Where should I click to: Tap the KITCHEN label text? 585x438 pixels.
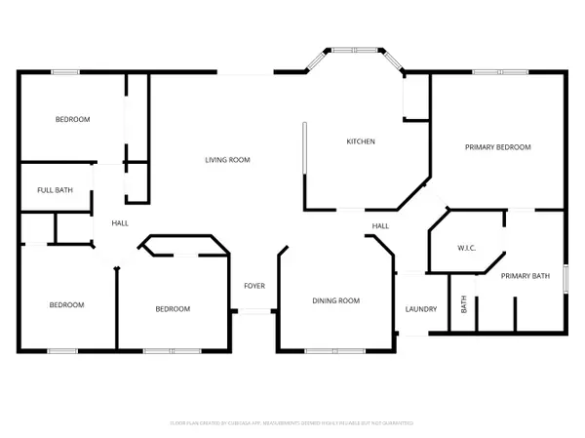tap(361, 141)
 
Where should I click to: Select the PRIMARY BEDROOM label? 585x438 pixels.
tap(497, 147)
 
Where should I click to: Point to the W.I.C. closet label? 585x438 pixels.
tap(465, 247)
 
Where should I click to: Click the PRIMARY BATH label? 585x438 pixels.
tap(526, 276)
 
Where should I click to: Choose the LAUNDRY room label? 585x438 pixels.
tap(421, 309)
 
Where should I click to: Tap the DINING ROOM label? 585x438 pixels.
tap(335, 300)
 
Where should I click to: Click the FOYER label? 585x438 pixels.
tap(254, 285)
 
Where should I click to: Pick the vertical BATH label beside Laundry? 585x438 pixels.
tap(464, 304)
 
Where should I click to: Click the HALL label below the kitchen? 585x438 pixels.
tap(379, 226)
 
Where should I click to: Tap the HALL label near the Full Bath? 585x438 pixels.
tap(120, 223)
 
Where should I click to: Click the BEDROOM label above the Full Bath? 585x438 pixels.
tap(72, 119)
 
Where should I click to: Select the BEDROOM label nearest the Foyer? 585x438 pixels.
tap(173, 308)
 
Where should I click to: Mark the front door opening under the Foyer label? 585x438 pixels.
tap(254, 311)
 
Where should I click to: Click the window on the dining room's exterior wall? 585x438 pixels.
tap(331, 350)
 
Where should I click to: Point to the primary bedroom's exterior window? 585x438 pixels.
tap(498, 71)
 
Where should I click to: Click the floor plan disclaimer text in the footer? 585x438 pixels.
tap(292, 423)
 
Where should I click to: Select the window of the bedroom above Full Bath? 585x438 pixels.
tap(65, 71)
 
